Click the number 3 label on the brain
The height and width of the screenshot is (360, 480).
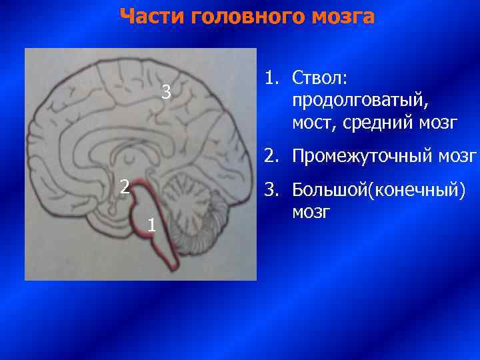click(x=167, y=93)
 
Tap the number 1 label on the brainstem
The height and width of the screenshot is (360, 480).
click(x=152, y=226)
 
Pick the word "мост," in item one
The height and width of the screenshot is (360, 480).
click(x=312, y=123)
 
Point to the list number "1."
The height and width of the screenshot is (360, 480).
click(x=271, y=78)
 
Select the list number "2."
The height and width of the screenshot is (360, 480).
click(x=271, y=157)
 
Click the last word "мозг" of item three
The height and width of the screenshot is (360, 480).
click(x=311, y=212)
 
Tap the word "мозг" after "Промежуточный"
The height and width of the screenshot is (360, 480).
click(x=459, y=157)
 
